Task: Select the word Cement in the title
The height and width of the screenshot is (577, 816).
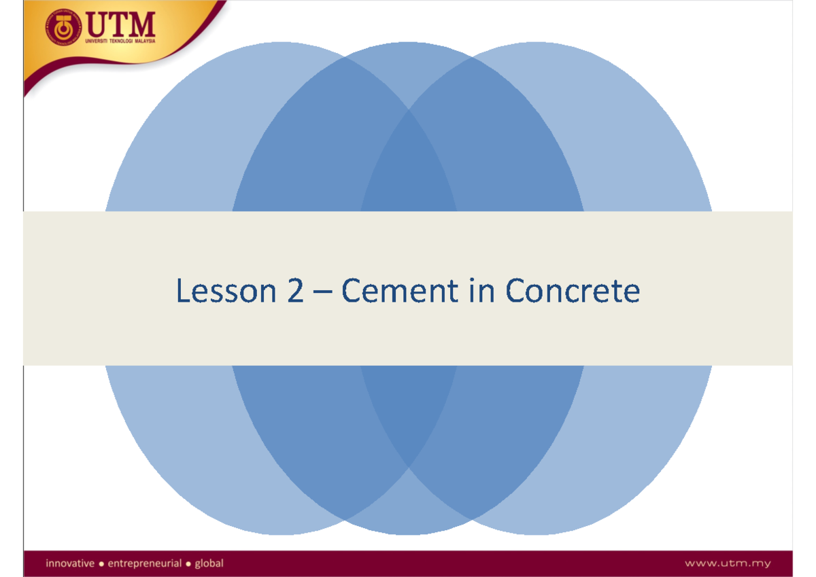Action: click(391, 292)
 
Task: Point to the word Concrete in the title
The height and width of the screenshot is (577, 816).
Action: click(573, 292)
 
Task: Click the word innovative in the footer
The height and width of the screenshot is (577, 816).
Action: click(69, 563)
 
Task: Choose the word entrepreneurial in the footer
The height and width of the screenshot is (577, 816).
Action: click(145, 563)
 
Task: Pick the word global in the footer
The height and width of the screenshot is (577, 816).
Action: click(209, 563)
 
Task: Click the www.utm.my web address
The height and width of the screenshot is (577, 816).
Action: click(728, 563)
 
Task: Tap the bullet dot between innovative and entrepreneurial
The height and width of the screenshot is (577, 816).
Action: click(102, 563)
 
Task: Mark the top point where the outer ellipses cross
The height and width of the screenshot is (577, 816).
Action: click(408, 110)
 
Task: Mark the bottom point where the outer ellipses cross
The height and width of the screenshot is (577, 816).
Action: click(408, 466)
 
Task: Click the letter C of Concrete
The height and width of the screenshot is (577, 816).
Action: click(516, 292)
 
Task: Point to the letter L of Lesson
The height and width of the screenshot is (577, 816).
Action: click(182, 292)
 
